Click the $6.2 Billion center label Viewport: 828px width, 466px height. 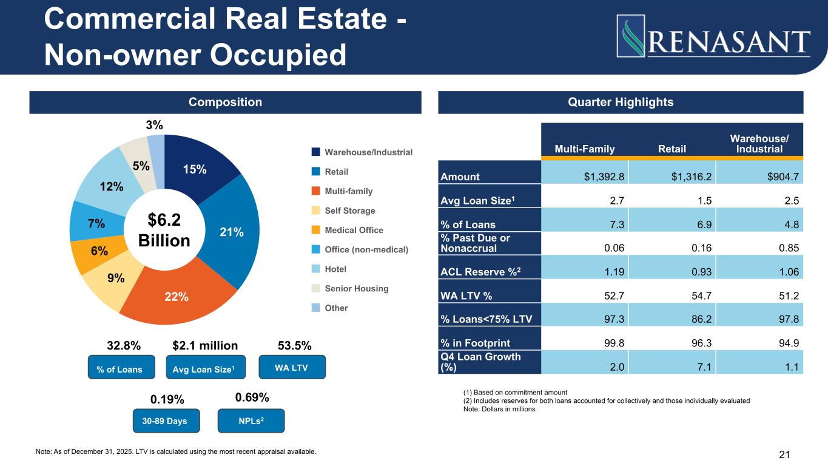pyautogui.click(x=164, y=230)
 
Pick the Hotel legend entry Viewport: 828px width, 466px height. pyautogui.click(x=335, y=269)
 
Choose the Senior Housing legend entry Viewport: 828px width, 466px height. pyautogui.click(x=357, y=288)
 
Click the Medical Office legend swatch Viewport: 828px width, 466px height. pyautogui.click(x=315, y=230)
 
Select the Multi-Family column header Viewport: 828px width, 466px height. pyautogui.click(x=584, y=149)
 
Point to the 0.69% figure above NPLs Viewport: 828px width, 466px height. pyautogui.click(x=252, y=397)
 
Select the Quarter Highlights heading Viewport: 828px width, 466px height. pyautogui.click(x=621, y=102)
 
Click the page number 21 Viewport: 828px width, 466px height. pyautogui.click(x=784, y=454)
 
